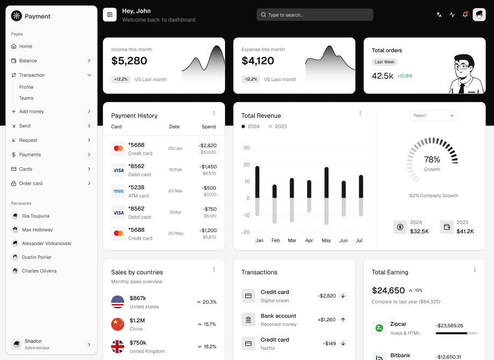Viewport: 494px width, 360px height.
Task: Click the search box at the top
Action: (x=315, y=15)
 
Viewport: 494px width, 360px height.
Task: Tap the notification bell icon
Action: (x=465, y=15)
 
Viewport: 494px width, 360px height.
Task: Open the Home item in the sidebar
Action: (x=26, y=46)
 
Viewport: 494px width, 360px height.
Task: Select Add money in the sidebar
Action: (x=32, y=111)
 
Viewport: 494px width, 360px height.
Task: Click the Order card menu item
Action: (x=31, y=183)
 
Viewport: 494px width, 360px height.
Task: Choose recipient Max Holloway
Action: (x=37, y=230)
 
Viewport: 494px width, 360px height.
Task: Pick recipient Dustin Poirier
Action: (x=37, y=257)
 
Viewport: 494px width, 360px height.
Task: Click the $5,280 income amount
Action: (x=129, y=61)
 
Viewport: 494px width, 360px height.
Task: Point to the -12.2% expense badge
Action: (x=251, y=79)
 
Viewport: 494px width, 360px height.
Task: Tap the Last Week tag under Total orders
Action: (x=384, y=62)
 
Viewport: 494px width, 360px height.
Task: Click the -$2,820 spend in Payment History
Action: (x=207, y=145)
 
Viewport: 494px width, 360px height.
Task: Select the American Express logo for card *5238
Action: (x=118, y=191)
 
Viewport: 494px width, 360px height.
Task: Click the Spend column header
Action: (x=209, y=127)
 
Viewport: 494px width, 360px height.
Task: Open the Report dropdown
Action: (x=434, y=116)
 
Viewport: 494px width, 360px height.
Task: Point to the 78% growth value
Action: (x=432, y=160)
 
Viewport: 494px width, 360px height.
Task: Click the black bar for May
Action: (x=326, y=183)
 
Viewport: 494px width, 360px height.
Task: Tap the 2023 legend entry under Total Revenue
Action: (x=278, y=126)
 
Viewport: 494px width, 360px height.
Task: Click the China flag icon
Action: (x=118, y=324)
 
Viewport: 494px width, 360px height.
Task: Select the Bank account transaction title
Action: (x=278, y=316)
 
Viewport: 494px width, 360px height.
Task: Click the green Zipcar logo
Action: (x=380, y=328)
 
